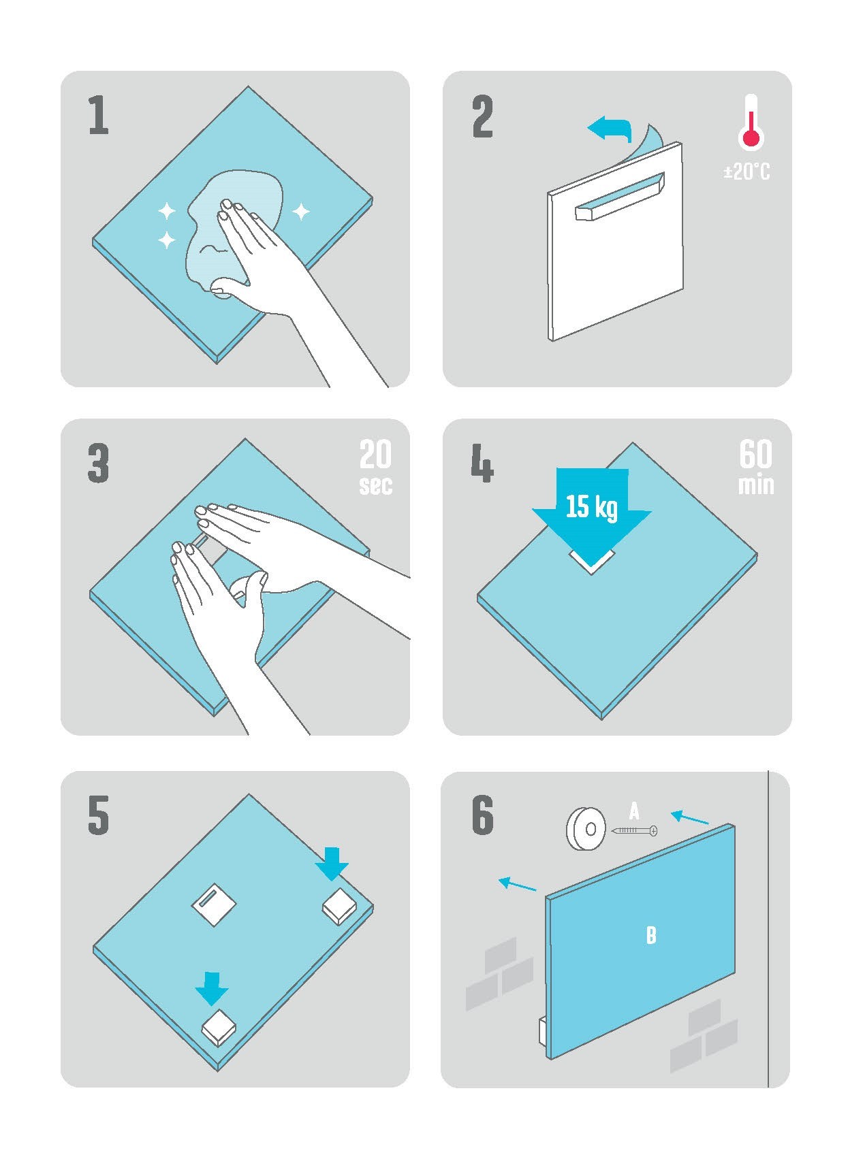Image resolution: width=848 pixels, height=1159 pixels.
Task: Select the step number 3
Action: pyautogui.click(x=98, y=463)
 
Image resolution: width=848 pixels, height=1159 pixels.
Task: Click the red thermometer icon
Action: pyautogui.click(x=750, y=122)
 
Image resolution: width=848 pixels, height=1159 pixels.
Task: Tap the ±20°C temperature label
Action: pyautogui.click(x=747, y=172)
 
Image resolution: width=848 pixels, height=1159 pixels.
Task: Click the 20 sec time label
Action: pyautogui.click(x=376, y=468)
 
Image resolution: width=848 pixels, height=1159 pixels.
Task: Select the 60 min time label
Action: pyautogui.click(x=756, y=468)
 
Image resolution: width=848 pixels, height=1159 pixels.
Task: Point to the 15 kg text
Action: pyautogui.click(x=592, y=506)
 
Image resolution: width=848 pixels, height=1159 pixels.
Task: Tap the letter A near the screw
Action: pyautogui.click(x=634, y=811)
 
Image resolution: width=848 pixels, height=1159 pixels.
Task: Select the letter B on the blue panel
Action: pyautogui.click(x=651, y=935)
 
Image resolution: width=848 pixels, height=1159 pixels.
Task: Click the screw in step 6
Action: pyautogui.click(x=635, y=831)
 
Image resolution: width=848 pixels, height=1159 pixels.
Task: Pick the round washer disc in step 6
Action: pyautogui.click(x=586, y=829)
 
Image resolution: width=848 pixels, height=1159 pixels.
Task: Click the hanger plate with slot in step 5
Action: pyautogui.click(x=214, y=905)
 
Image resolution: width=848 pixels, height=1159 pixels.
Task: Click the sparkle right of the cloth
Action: pyautogui.click(x=301, y=211)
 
